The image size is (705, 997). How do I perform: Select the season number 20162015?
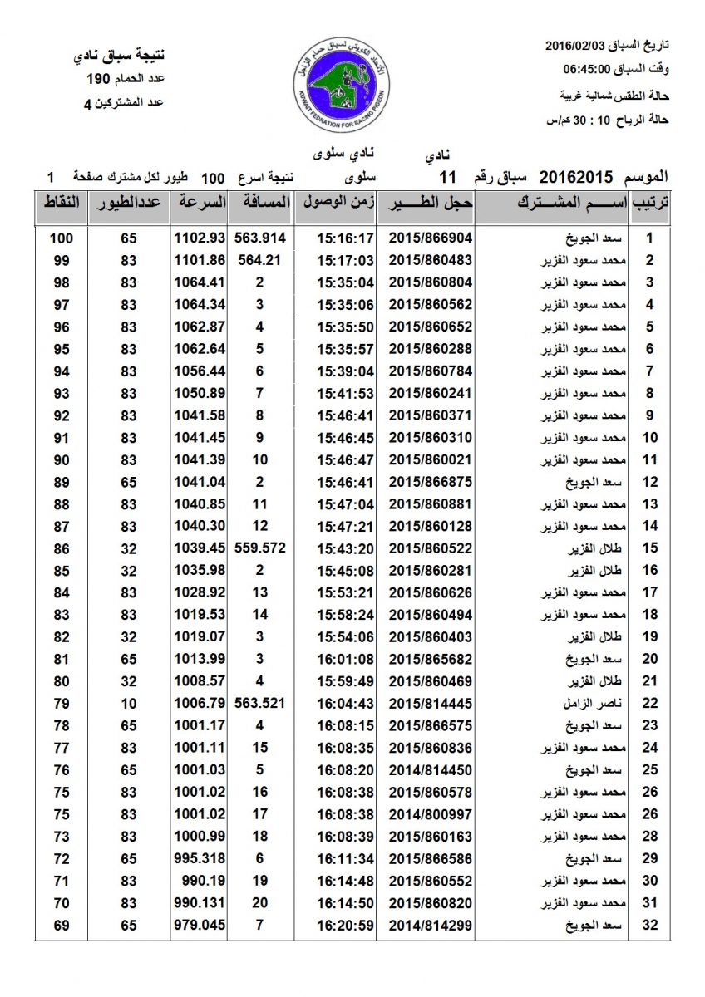pyautogui.click(x=577, y=177)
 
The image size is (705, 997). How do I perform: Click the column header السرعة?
pyautogui.click(x=200, y=203)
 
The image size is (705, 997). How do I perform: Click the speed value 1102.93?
pyautogui.click(x=200, y=238)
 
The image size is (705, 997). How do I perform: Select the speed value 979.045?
pyautogui.click(x=200, y=924)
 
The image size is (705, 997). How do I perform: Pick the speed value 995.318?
pyautogui.click(x=200, y=857)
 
